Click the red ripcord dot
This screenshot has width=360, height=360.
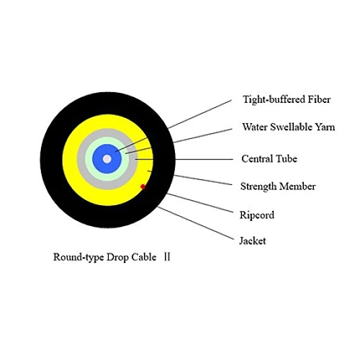tap(143, 186)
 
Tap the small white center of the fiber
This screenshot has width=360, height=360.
tap(107, 159)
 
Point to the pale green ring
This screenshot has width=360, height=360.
tap(89, 159)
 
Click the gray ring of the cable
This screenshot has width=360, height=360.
tap(81, 159)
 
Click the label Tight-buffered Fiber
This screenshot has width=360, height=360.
tap(287, 99)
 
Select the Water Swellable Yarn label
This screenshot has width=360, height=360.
tap(289, 127)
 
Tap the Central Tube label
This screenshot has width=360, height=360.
tap(269, 158)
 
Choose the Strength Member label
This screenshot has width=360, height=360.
tap(278, 186)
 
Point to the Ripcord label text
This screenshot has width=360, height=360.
tap(257, 215)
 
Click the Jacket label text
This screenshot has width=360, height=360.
tap(253, 240)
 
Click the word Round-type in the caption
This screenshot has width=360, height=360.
tap(78, 257)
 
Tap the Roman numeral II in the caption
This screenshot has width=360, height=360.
tap(167, 257)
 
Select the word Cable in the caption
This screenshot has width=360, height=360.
tap(144, 257)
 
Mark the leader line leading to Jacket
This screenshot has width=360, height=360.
tap(196, 223)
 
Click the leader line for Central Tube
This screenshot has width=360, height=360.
tap(184, 159)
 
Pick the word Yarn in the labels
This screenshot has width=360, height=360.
tap(325, 127)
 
